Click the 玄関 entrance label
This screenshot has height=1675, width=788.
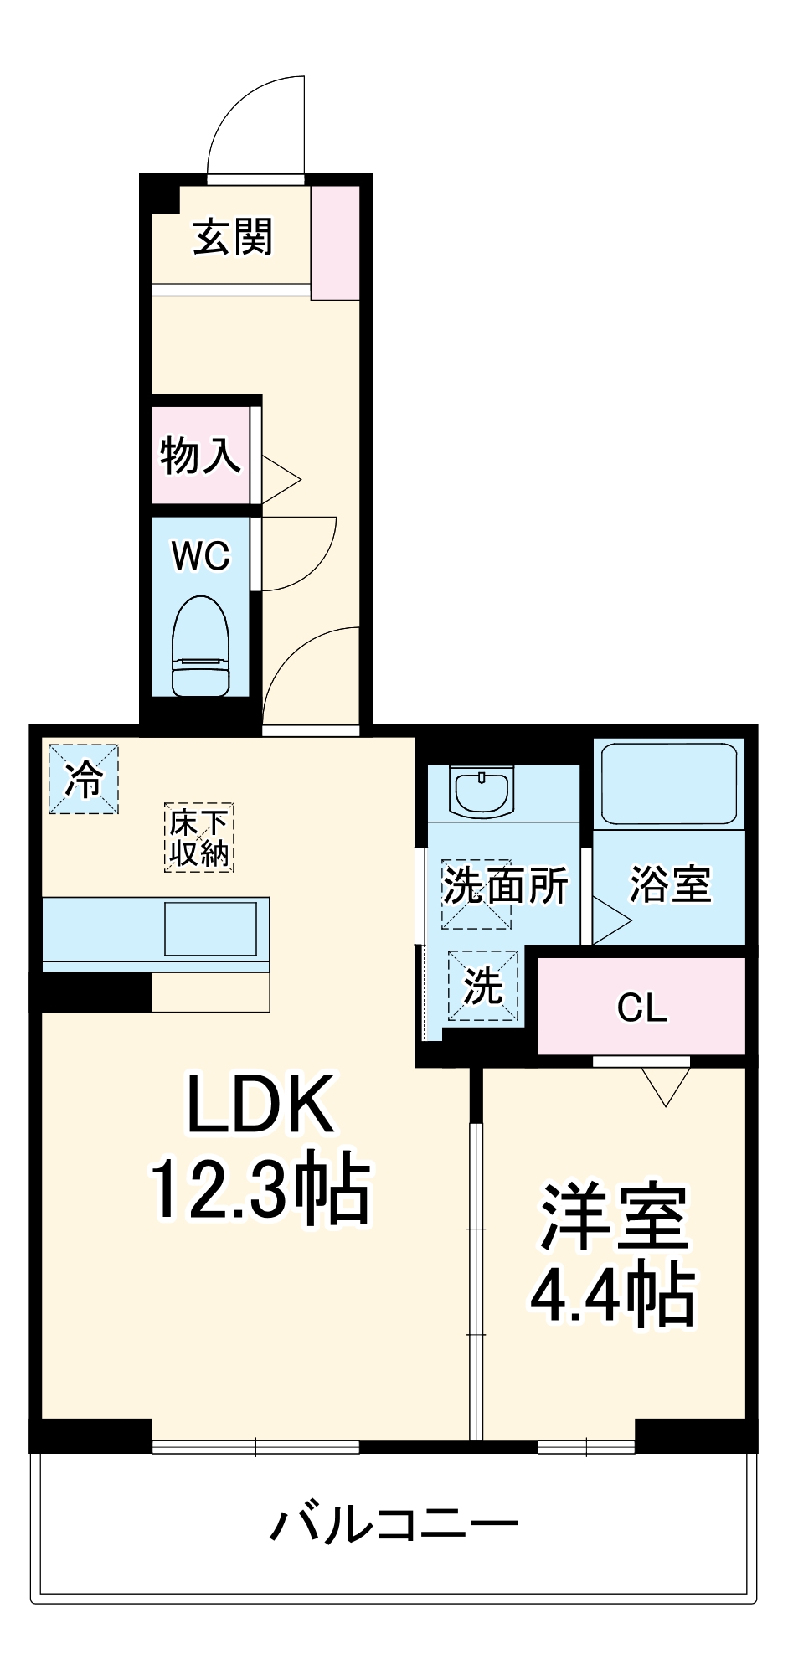[x=232, y=237]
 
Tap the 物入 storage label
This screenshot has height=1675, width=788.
[x=200, y=456]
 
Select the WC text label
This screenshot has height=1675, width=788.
[x=200, y=555]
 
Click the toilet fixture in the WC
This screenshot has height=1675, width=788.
[x=200, y=646]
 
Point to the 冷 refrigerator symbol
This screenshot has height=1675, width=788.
[x=83, y=779]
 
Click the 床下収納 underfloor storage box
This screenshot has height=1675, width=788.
[x=198, y=837]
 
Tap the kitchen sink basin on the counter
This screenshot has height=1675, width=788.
[x=210, y=928]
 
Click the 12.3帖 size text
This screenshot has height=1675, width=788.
[x=260, y=1188]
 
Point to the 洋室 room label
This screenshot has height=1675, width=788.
[x=614, y=1217]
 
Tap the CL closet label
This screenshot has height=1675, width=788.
[x=641, y=1008]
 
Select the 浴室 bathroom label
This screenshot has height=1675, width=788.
[x=670, y=884]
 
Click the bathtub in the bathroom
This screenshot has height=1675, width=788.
[x=669, y=784]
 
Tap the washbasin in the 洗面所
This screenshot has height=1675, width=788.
[x=482, y=790]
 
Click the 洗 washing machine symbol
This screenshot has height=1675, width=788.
[x=482, y=986]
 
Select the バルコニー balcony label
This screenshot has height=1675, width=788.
[x=394, y=1522]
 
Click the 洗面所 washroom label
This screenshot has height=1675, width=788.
[x=505, y=885]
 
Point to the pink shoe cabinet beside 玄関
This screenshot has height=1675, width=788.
[x=335, y=242]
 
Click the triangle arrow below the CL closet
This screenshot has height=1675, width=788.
[x=666, y=1085]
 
